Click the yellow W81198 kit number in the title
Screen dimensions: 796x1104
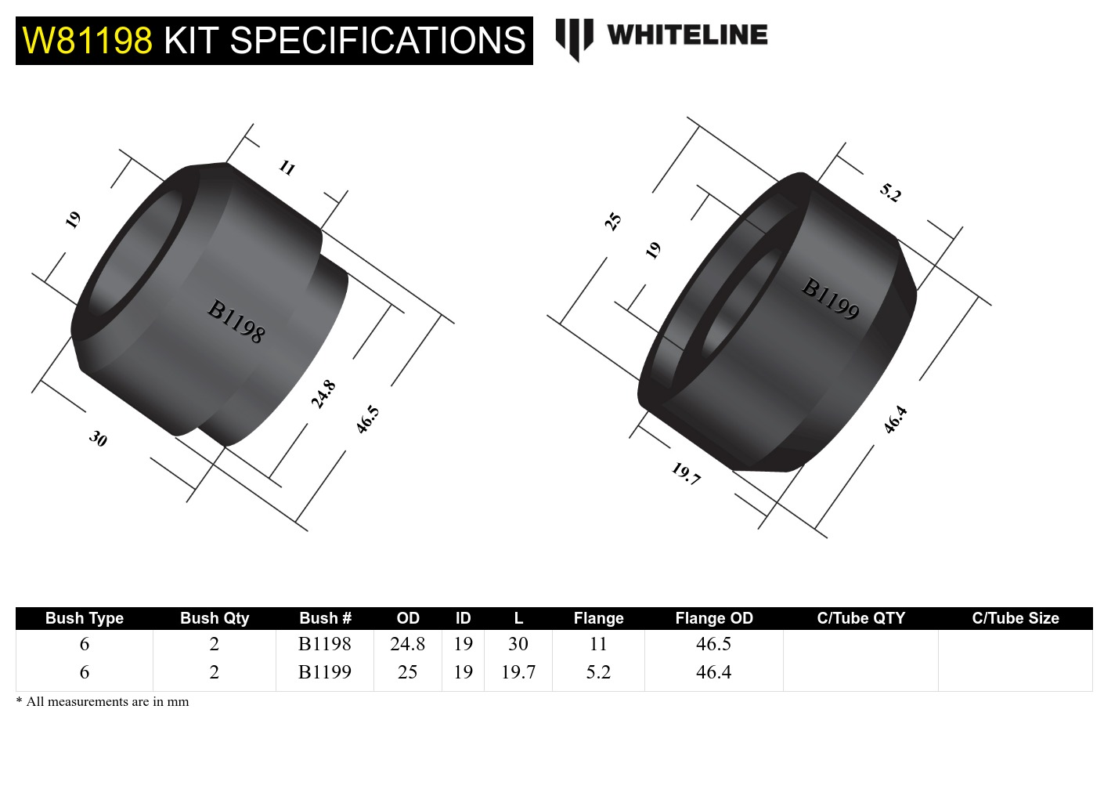(x=87, y=40)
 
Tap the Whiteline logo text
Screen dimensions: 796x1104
(x=687, y=35)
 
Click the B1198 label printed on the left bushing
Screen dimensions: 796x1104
(x=236, y=321)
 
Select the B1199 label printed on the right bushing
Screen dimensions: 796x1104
(x=830, y=298)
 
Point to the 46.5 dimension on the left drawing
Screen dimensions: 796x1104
(x=367, y=419)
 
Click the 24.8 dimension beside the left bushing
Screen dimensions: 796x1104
(x=323, y=394)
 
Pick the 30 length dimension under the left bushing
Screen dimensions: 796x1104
(x=98, y=438)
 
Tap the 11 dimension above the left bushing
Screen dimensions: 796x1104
(x=287, y=167)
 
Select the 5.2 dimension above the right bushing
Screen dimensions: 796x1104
(x=890, y=192)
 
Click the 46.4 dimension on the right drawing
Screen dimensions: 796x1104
(x=895, y=419)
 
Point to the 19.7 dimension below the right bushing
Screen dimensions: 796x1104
(x=686, y=473)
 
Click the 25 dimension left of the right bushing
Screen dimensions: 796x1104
(x=612, y=221)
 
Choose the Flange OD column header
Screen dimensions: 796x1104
(x=713, y=618)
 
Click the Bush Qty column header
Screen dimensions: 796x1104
(x=214, y=618)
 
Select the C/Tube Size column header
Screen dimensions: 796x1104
(x=1015, y=618)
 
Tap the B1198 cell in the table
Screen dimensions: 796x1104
(x=325, y=644)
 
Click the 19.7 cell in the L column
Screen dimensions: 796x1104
(x=518, y=672)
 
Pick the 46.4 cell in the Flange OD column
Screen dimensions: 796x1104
(x=713, y=672)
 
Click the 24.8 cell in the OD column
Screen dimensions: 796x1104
(x=407, y=644)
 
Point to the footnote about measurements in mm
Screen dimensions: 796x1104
(x=103, y=701)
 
